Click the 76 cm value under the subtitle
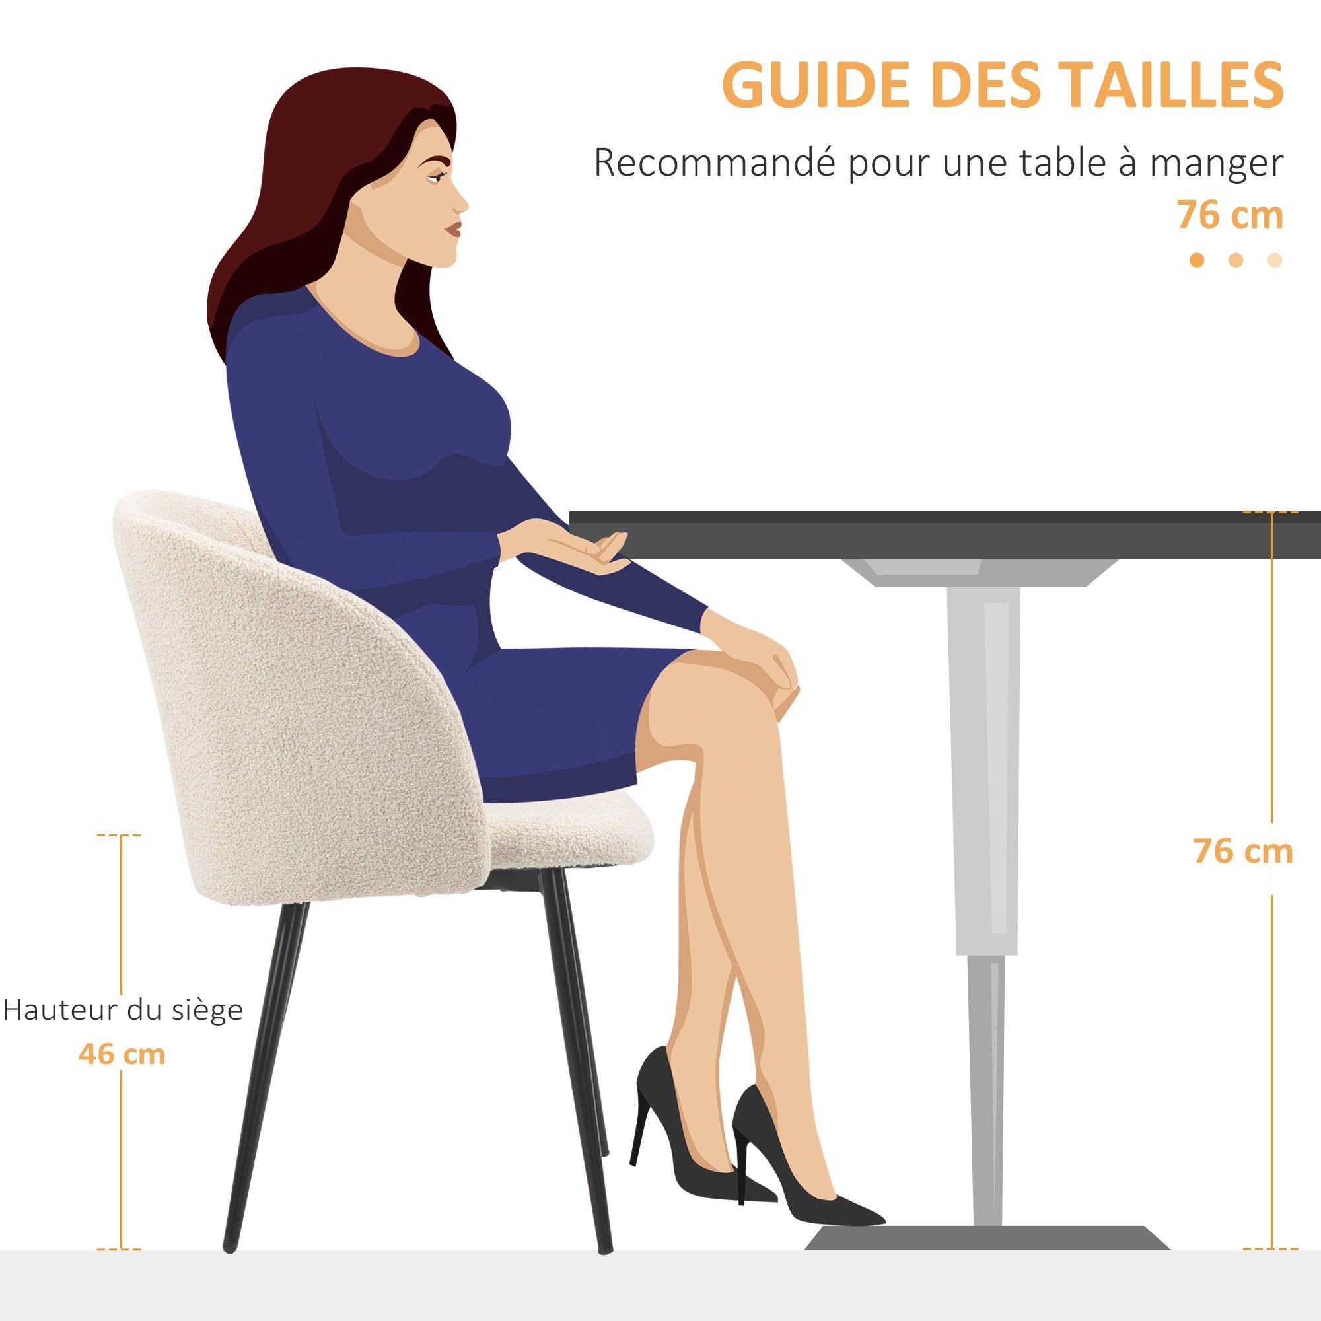[1230, 215]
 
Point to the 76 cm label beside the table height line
[1243, 851]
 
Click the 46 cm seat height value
[122, 1053]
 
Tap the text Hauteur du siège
[123, 1010]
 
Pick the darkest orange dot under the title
[1197, 260]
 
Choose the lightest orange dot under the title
[1275, 260]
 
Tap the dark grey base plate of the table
[987, 1238]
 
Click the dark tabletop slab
[945, 535]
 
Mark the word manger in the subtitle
[1216, 164]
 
